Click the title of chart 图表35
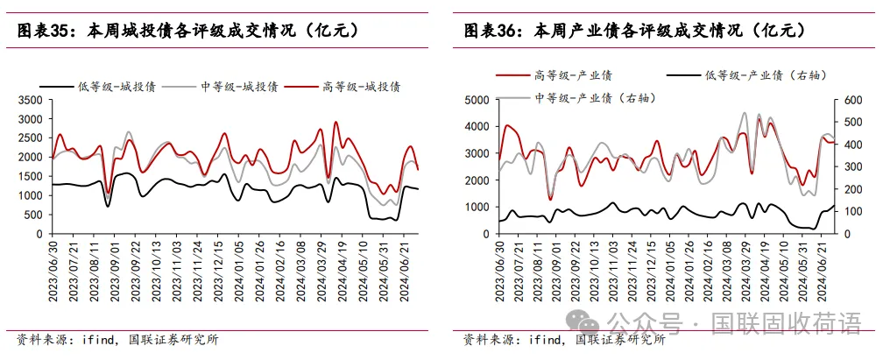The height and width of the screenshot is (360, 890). pos(188,31)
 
